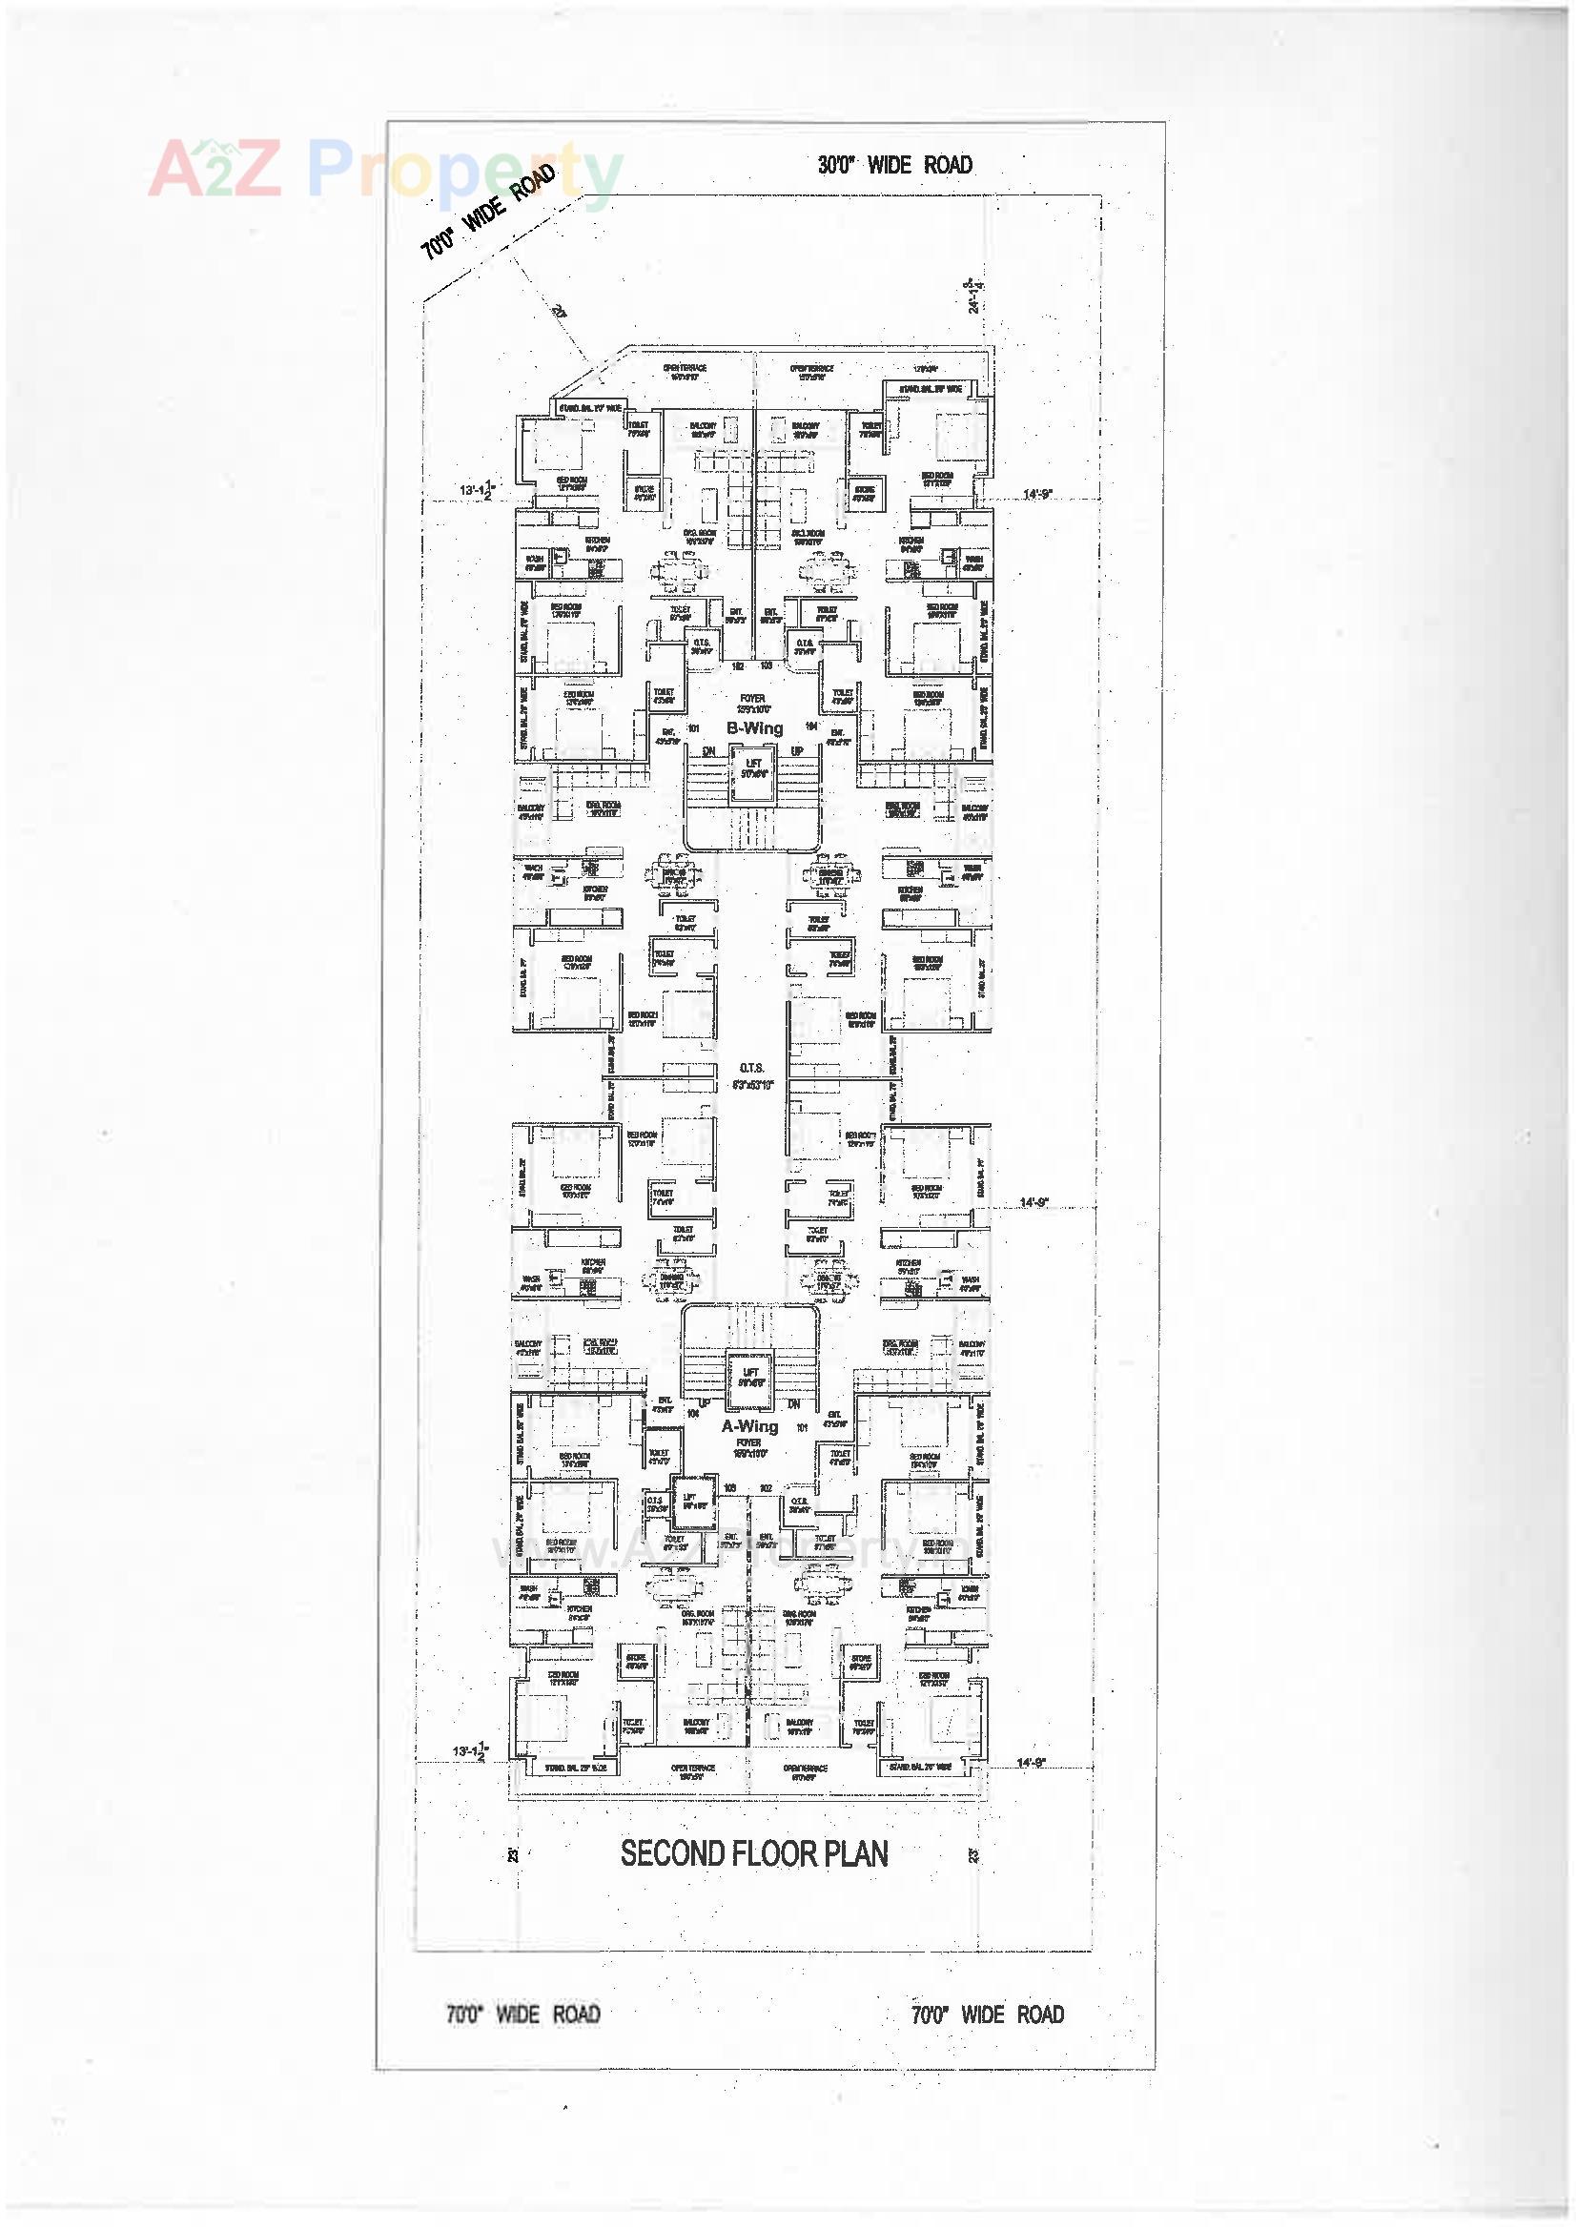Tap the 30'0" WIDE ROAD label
point(894,165)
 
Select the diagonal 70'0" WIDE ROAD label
point(487,213)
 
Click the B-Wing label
point(754,728)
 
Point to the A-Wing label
point(749,1426)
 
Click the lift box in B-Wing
point(752,774)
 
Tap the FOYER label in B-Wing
point(751,698)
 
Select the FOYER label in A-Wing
point(748,1442)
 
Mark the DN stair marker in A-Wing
point(793,1403)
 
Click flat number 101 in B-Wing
point(693,727)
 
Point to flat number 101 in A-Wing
point(802,1427)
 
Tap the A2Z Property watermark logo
point(383,172)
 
